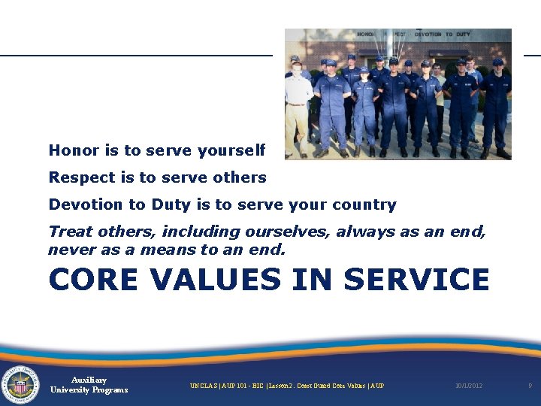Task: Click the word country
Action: click(x=366, y=205)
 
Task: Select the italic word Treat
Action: click(x=69, y=232)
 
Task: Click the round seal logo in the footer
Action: click(x=20, y=385)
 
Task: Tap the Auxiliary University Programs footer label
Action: click(x=89, y=385)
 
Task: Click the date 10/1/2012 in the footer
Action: click(x=469, y=386)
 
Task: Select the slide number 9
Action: click(x=530, y=386)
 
